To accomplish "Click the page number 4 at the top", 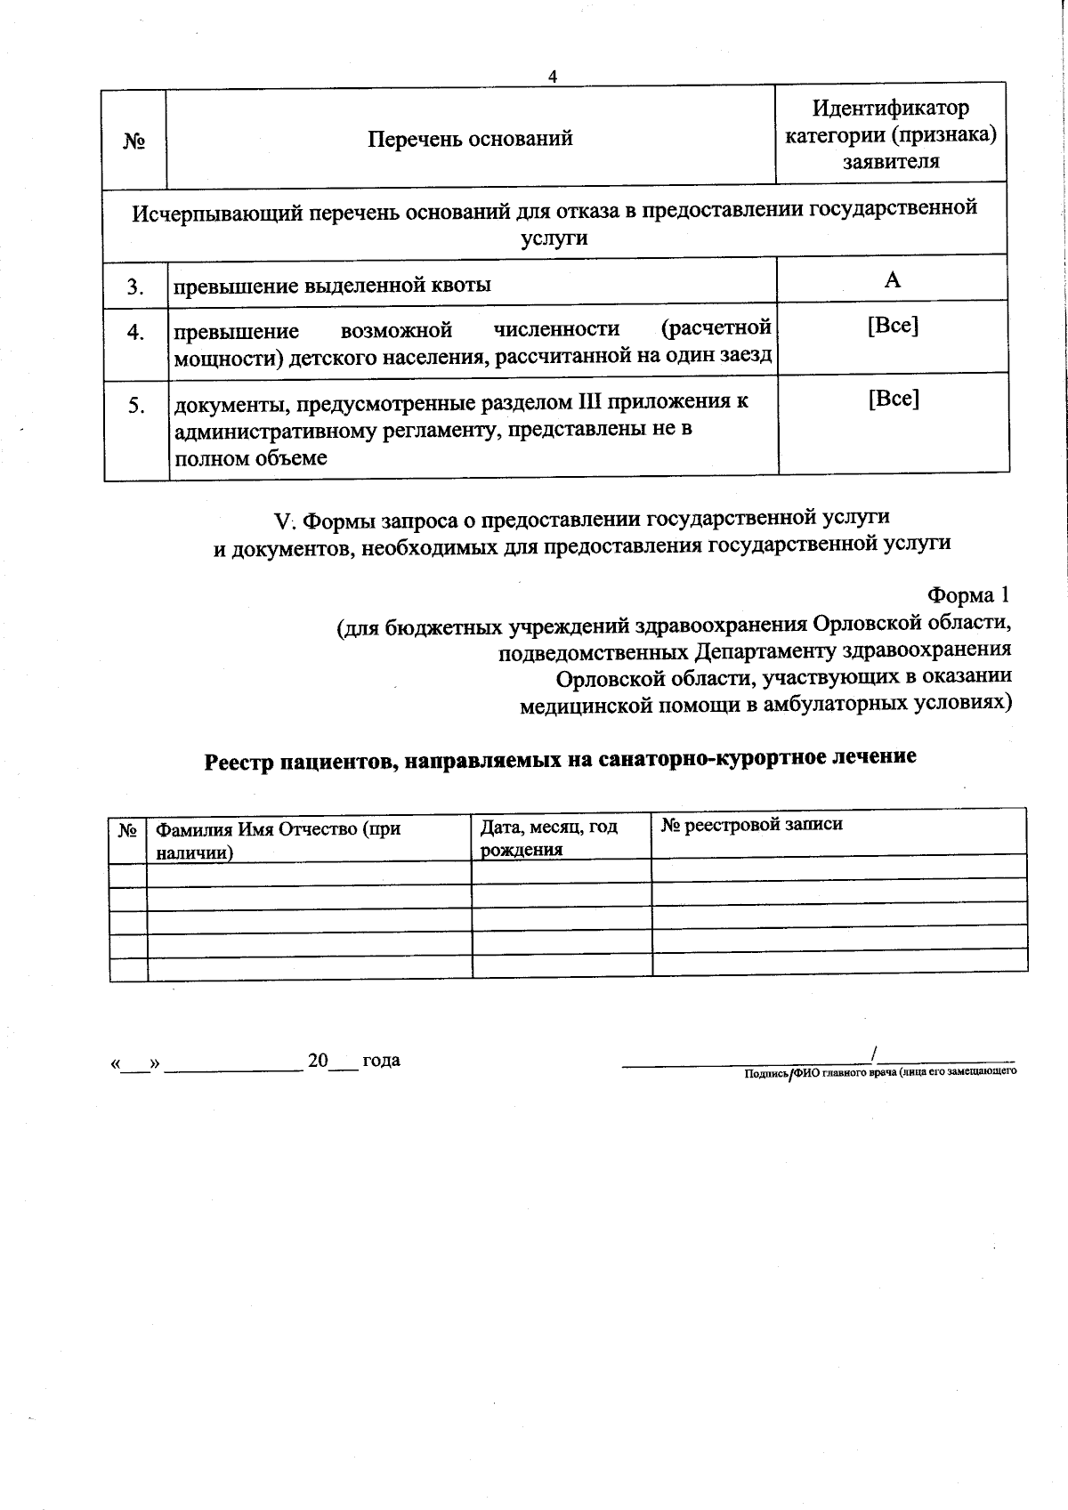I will (x=552, y=77).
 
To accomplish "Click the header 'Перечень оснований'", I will (x=471, y=139).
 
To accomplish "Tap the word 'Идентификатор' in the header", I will (x=891, y=109).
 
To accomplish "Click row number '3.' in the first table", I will (x=135, y=287).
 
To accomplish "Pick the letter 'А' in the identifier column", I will (x=892, y=280).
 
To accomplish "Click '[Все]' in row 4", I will (x=893, y=326).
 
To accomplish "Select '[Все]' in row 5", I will (x=893, y=398).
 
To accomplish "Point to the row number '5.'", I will (x=136, y=406).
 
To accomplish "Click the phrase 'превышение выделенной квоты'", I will (x=331, y=286).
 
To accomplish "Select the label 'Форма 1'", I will (x=968, y=594).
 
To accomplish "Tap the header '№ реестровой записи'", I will (x=751, y=824).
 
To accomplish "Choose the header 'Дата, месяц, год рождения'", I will (x=548, y=837).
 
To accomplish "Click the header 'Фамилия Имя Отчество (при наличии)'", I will (x=278, y=840).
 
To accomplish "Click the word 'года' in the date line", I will (x=381, y=1060).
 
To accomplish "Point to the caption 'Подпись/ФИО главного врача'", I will (x=879, y=1072).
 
